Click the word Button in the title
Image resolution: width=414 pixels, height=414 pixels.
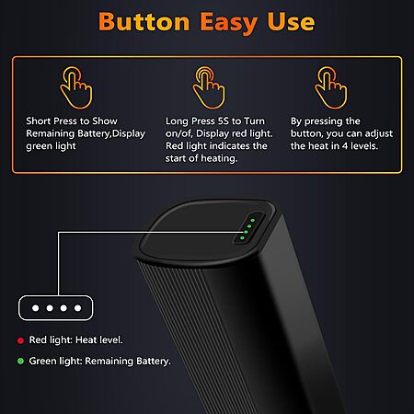point(144,22)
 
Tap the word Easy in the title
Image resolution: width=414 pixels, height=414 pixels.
point(229,23)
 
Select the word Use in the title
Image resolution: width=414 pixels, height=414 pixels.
point(291,22)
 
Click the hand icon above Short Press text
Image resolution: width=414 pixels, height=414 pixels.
point(76,87)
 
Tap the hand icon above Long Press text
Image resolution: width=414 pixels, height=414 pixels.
point(209,87)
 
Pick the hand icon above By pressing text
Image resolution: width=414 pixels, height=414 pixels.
point(331,87)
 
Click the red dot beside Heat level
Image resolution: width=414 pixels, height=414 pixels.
point(20,340)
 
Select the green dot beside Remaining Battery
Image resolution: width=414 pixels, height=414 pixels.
point(20,361)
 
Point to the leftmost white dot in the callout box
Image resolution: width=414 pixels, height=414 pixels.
point(36,308)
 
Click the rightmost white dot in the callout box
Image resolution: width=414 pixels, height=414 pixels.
point(77,308)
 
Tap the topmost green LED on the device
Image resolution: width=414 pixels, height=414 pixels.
point(253,220)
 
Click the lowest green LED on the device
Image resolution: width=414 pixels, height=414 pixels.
point(242,237)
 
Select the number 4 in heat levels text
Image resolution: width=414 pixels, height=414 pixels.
point(345,146)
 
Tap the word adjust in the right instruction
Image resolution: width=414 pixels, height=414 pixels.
point(379,133)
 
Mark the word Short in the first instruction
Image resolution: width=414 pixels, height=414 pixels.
point(37,121)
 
